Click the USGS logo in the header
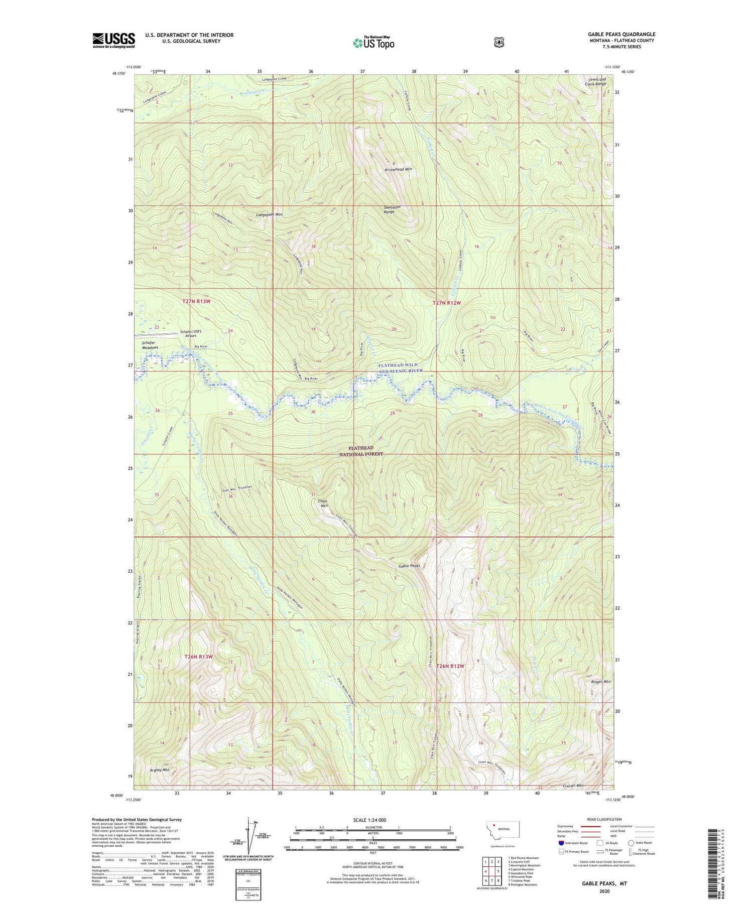pyautogui.click(x=114, y=40)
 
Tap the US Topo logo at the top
pyautogui.click(x=373, y=43)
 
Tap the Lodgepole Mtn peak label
pyautogui.click(x=269, y=214)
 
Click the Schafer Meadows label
pyautogui.click(x=146, y=345)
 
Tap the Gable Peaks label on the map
pyautogui.click(x=409, y=566)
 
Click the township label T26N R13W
pyautogui.click(x=199, y=657)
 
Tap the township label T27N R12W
pyautogui.click(x=447, y=303)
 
